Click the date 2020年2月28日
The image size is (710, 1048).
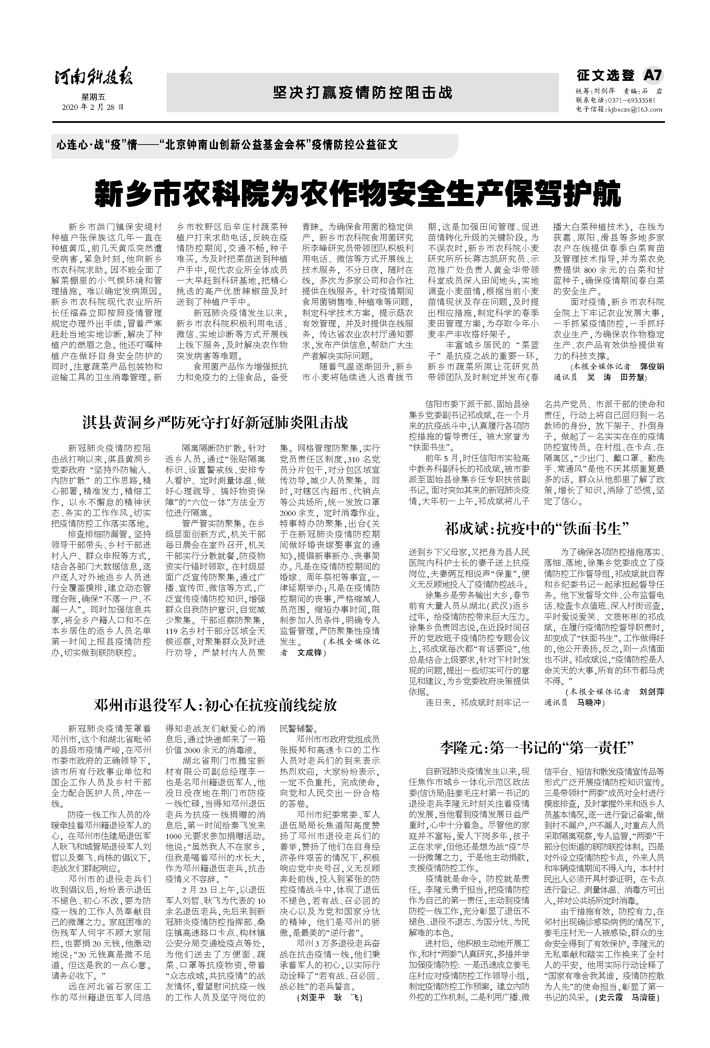tap(93, 107)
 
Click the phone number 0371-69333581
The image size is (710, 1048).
tap(632, 100)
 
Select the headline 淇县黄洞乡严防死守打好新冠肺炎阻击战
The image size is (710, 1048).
tap(215, 423)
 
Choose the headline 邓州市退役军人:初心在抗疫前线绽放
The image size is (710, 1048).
tap(215, 705)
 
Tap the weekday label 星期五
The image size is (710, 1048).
tap(93, 97)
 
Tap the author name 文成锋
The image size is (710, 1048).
tap(310, 653)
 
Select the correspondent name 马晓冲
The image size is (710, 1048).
tap(590, 702)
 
